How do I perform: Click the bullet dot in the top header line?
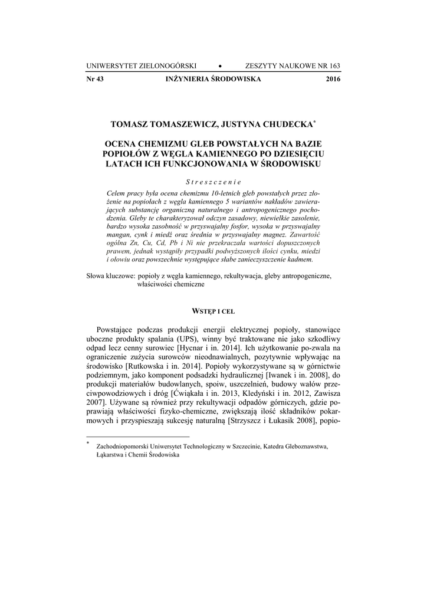(219, 65)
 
